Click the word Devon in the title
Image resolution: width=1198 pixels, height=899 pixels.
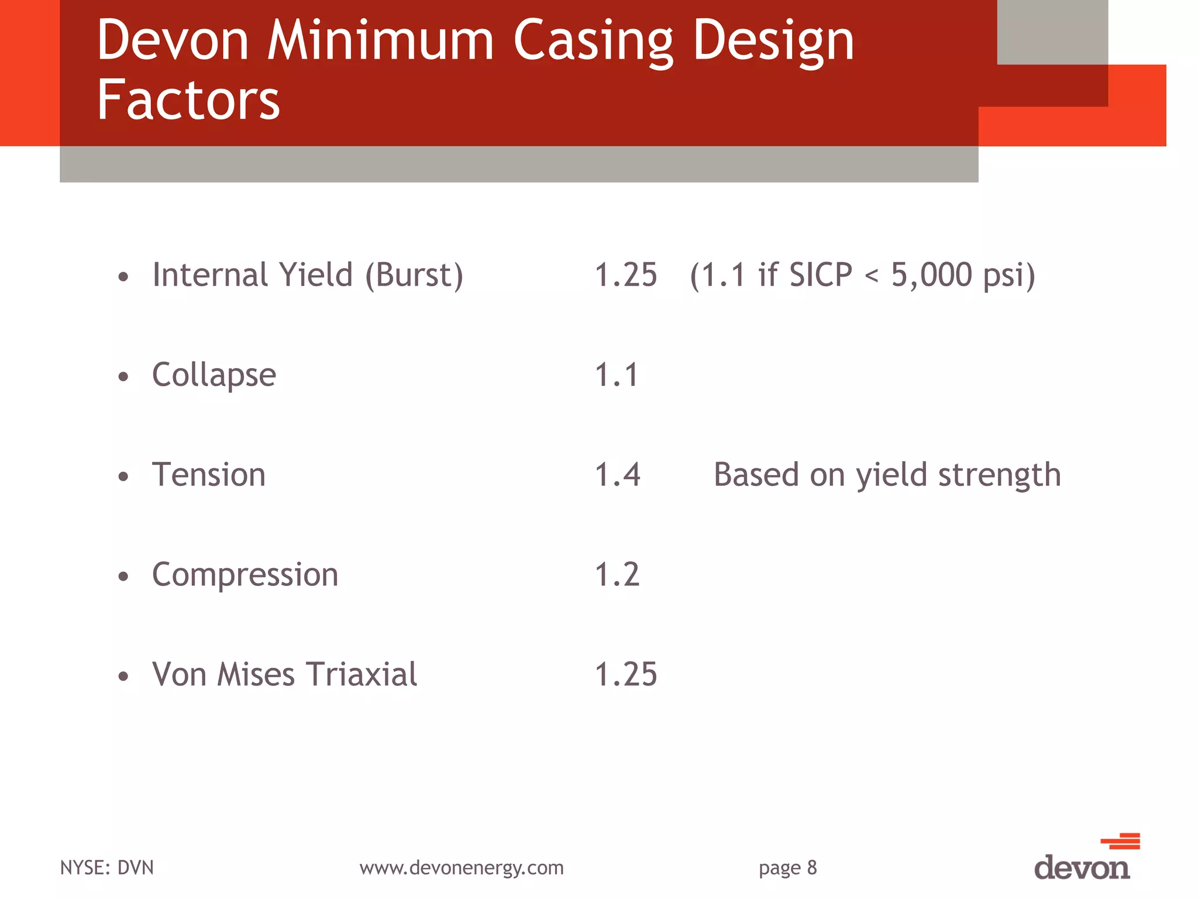tap(173, 41)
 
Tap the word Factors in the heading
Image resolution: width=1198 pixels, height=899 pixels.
tap(188, 101)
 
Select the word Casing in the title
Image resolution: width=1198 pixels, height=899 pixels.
tap(593, 41)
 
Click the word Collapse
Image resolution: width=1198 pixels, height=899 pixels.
tap(214, 375)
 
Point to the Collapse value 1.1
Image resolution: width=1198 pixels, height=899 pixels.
tap(616, 375)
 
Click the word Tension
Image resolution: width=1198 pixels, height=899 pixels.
tap(209, 475)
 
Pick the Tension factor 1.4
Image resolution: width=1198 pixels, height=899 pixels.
tap(617, 475)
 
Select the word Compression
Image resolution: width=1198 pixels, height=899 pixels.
tap(245, 575)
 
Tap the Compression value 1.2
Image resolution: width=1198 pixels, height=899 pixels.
tap(617, 575)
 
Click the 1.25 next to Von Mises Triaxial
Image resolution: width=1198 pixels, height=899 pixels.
tap(625, 674)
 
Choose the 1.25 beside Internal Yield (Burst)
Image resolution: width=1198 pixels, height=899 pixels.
tap(625, 275)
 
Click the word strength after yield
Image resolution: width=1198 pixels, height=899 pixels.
tap(1000, 475)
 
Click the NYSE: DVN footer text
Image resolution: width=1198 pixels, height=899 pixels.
tap(107, 867)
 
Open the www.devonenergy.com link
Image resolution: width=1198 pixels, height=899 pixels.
tap(462, 867)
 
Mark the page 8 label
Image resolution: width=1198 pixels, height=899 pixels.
tap(787, 867)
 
